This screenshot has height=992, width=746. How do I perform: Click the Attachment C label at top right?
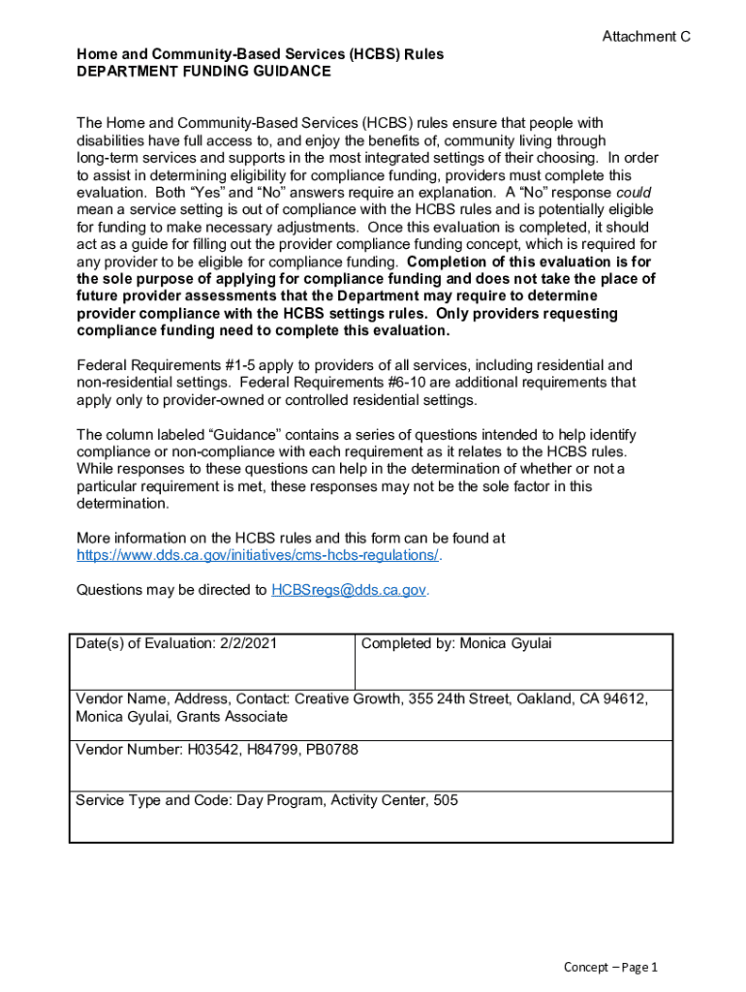(x=646, y=37)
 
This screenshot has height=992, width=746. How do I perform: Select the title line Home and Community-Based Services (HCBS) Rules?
(x=260, y=54)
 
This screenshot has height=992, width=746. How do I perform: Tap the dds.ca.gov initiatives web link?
(x=258, y=555)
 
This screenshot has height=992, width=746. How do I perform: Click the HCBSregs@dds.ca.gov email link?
(x=349, y=589)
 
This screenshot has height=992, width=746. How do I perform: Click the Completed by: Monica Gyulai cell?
(x=456, y=644)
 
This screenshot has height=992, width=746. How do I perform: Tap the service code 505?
(x=447, y=800)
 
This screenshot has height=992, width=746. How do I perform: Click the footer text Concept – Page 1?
(x=611, y=968)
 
